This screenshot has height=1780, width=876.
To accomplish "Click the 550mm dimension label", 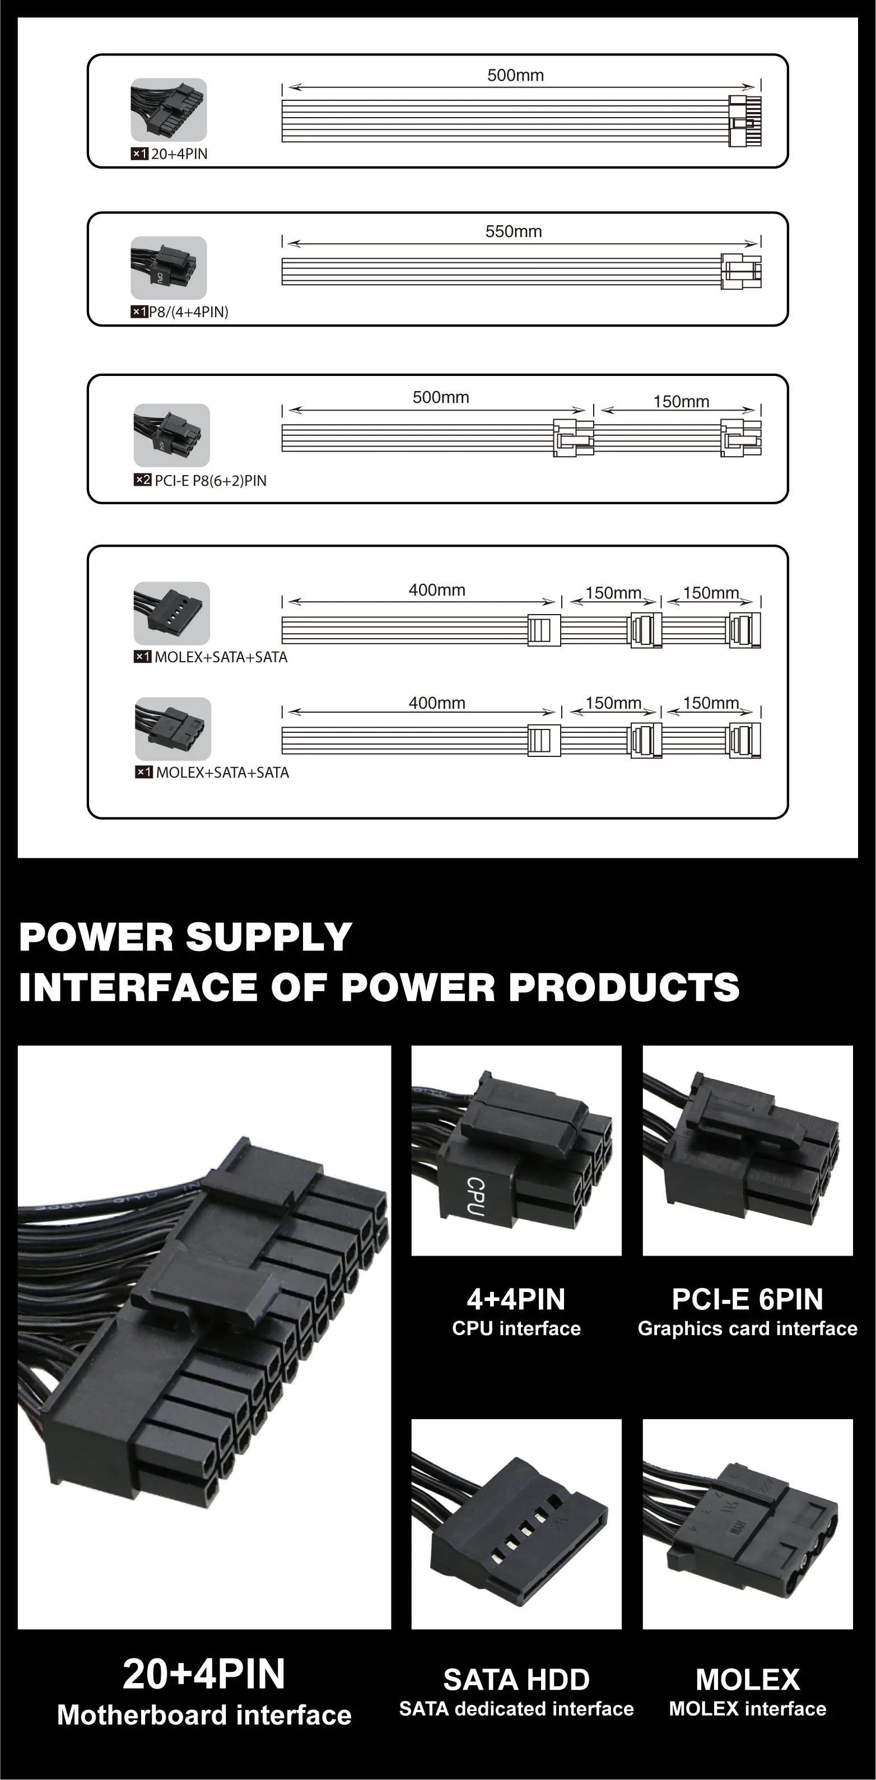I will [513, 231].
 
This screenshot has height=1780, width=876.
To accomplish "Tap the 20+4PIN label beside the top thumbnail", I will [179, 154].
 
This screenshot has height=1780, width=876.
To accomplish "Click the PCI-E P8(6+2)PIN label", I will [210, 481].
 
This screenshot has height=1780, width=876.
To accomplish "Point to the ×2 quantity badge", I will [142, 480].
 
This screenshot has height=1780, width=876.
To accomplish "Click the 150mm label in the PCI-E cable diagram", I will [681, 402].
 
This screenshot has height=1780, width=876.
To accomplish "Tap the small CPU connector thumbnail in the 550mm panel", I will [169, 267].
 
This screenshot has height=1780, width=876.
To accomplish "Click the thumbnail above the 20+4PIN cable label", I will [169, 109].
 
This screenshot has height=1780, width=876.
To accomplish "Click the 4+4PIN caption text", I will [516, 1300].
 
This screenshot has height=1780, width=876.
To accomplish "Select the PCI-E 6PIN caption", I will [748, 1300].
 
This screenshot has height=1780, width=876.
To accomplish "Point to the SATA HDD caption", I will [516, 1679].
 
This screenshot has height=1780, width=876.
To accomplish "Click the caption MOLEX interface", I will [748, 1709].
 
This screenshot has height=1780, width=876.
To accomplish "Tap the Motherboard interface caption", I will [204, 1715].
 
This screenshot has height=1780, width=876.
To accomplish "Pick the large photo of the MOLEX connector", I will [748, 1523].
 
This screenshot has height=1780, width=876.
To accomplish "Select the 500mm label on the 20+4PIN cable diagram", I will [515, 75].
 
